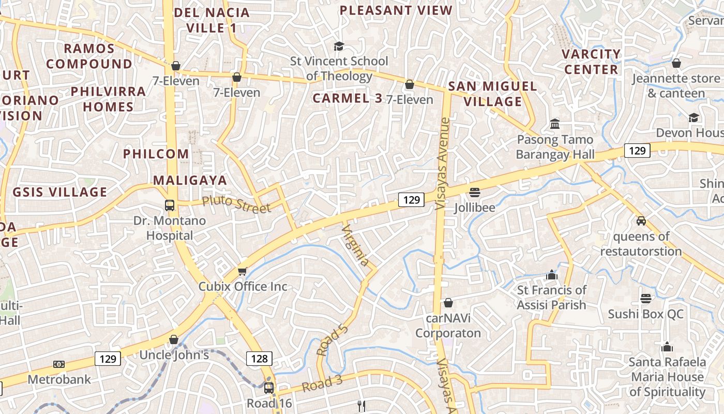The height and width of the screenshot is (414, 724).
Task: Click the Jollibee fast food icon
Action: (475, 193)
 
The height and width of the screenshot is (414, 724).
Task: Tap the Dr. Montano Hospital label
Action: (170, 228)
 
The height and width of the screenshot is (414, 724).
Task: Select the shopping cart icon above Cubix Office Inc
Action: (242, 271)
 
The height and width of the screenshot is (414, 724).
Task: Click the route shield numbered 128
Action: (259, 359)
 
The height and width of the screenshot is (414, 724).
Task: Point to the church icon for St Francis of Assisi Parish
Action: (551, 274)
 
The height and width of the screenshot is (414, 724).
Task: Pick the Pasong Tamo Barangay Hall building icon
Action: (555, 124)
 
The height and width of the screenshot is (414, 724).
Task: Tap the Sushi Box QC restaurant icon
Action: (645, 298)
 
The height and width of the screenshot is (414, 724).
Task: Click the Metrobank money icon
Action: (59, 364)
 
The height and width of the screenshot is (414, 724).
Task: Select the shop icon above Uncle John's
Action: (174, 339)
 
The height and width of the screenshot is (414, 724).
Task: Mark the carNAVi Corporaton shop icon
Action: (448, 302)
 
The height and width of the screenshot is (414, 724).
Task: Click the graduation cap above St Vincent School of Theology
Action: (339, 46)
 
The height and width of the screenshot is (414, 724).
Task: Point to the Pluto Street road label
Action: (236, 204)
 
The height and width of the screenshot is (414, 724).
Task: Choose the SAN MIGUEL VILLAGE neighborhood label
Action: (492, 94)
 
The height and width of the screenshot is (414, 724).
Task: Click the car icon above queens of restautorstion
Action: (641, 221)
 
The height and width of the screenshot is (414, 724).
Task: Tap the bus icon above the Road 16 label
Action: (269, 388)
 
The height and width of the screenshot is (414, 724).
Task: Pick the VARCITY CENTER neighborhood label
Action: (591, 62)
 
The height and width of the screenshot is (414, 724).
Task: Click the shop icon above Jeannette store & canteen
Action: (676, 63)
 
